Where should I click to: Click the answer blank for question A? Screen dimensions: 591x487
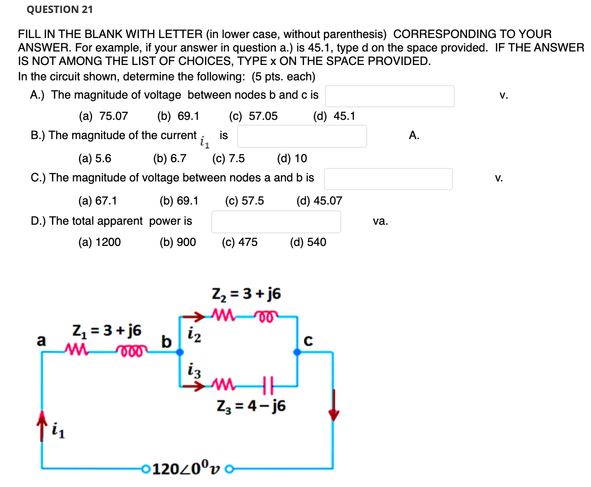tap(389, 96)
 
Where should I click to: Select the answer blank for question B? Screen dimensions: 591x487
tap(302, 136)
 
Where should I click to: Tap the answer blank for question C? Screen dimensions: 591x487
tap(388, 179)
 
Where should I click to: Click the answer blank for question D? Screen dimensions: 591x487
tap(276, 222)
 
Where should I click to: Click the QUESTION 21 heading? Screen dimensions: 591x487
tap(60, 10)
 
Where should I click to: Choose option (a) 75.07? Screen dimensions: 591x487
tap(103, 116)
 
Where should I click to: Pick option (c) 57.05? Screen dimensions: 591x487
tap(253, 116)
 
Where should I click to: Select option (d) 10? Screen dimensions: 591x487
tap(292, 158)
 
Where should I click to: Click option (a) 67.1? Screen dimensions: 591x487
tap(98, 201)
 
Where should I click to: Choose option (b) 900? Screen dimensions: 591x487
tap(178, 242)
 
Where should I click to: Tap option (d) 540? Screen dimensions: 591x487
tap(308, 242)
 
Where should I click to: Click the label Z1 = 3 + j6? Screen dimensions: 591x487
tap(106, 331)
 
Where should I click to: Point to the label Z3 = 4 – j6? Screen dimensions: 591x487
tap(251, 406)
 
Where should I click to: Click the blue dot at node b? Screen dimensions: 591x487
tap(180, 352)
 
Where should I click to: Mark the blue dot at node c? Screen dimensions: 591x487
tap(297, 352)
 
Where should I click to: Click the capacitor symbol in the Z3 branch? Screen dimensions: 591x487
tap(268, 385)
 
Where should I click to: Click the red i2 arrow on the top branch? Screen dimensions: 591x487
tap(195, 317)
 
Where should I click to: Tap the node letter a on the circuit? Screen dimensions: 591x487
tap(42, 341)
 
